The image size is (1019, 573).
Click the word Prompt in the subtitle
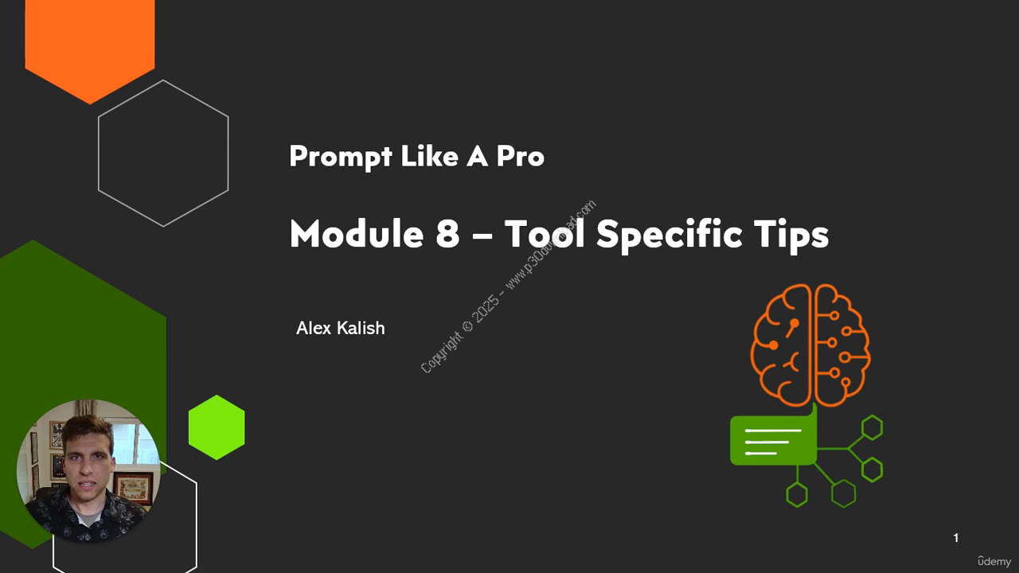tap(341, 157)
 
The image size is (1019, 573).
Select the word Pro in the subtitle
tap(520, 156)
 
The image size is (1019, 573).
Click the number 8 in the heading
tap(447, 233)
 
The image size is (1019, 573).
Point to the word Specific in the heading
tap(669, 236)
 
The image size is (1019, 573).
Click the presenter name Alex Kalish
tap(340, 328)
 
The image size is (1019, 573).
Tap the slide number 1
tap(956, 538)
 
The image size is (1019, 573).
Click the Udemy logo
tap(994, 561)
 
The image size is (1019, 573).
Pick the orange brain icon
tap(810, 345)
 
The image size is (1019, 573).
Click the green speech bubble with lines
tap(773, 439)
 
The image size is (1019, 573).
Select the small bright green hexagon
tap(217, 427)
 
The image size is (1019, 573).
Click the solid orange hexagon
tap(90, 45)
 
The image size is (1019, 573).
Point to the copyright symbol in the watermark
tap(467, 326)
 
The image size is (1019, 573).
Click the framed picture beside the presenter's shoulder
tap(132, 489)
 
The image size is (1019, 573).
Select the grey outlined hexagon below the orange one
tap(163, 154)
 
